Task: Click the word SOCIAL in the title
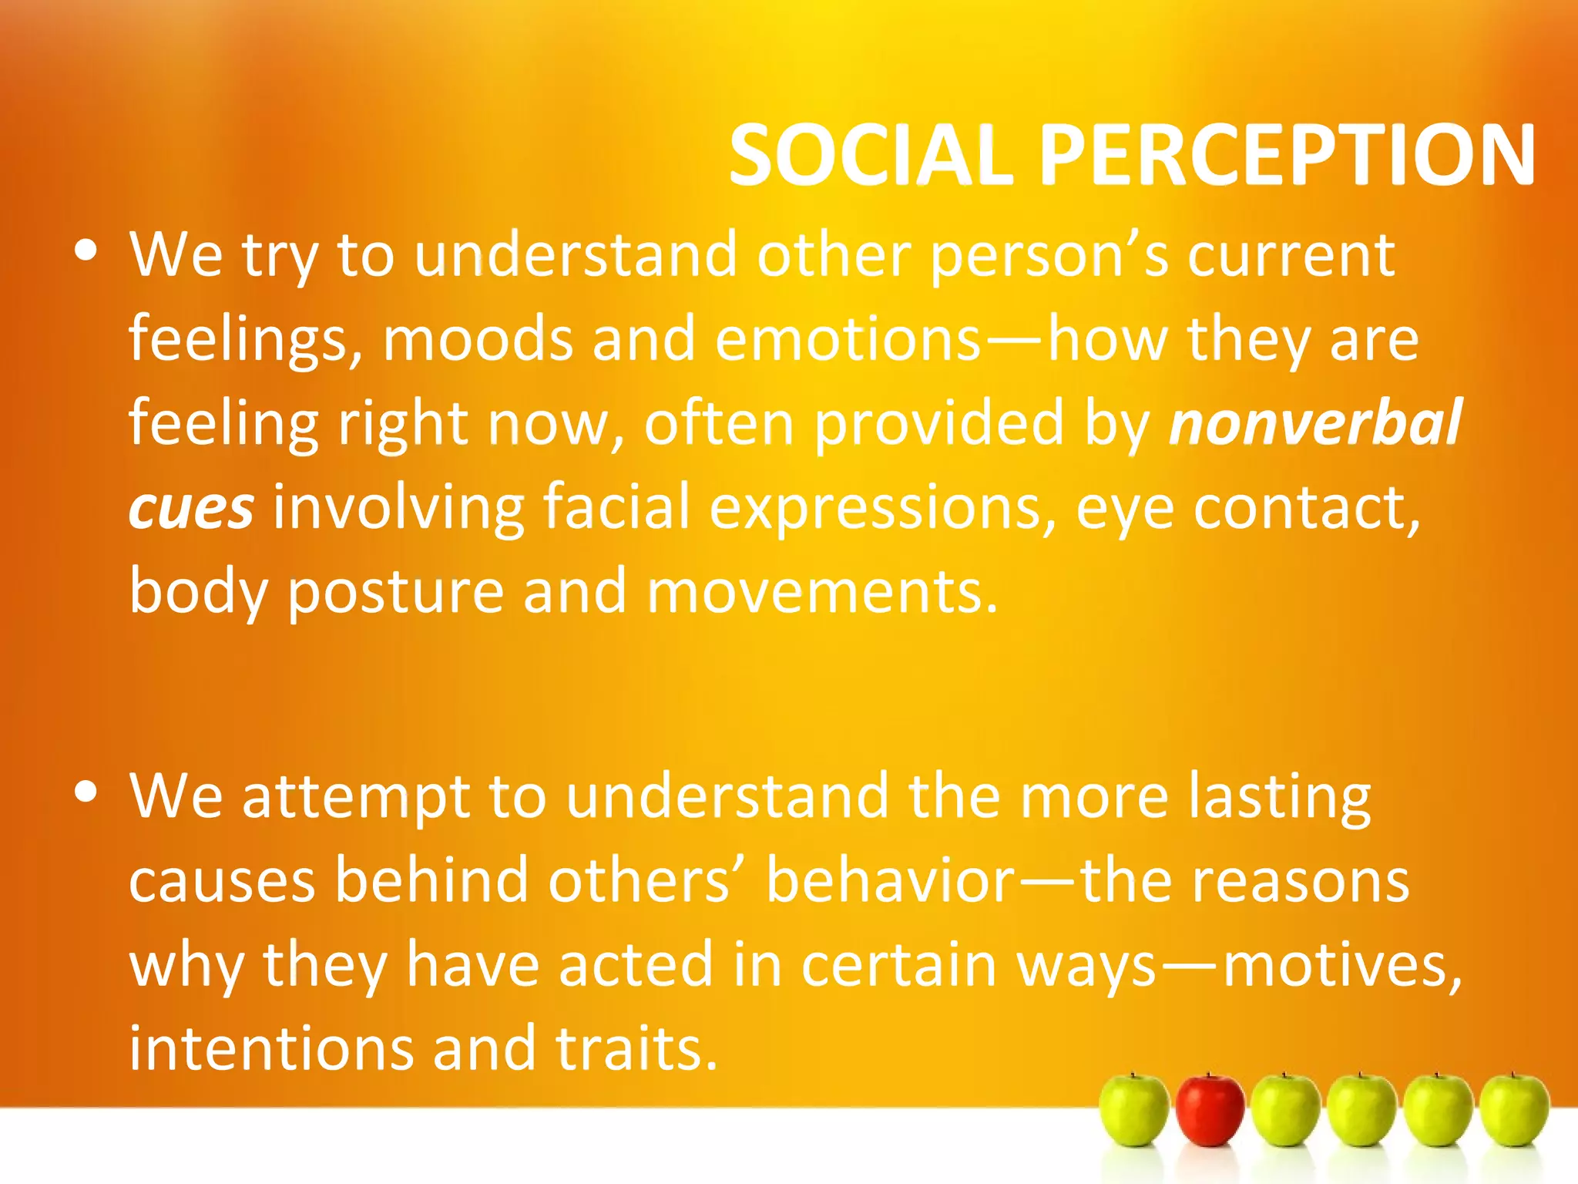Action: (x=871, y=156)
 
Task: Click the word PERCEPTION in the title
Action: (x=1287, y=156)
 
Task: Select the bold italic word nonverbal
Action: (x=1314, y=422)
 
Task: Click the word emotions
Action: (x=848, y=339)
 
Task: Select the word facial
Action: (x=616, y=507)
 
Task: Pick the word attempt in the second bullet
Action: (x=355, y=797)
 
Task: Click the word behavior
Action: (x=890, y=880)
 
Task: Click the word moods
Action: (x=478, y=339)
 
